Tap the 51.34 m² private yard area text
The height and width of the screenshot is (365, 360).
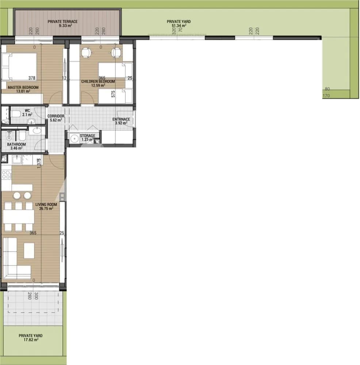pyautogui.click(x=179, y=26)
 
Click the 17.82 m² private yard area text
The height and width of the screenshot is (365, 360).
pyautogui.click(x=31, y=339)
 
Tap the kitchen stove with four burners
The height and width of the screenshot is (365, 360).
pyautogui.click(x=6, y=174)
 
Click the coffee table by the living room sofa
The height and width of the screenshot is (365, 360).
pyautogui.click(x=29, y=251)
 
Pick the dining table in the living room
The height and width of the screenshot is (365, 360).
pyautogui.click(x=19, y=217)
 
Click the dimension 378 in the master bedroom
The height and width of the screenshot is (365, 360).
pyautogui.click(x=32, y=78)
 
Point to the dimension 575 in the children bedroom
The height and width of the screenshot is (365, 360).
pyautogui.click(x=113, y=94)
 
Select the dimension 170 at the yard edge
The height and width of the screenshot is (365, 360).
pyautogui.click(x=326, y=96)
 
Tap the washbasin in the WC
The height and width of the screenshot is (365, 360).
pyautogui.click(x=31, y=121)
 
